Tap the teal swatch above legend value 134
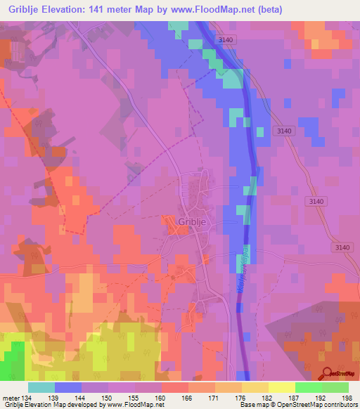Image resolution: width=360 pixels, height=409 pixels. click(x=41, y=387)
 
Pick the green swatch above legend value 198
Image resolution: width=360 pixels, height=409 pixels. click(x=335, y=387)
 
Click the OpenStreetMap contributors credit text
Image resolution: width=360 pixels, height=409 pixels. click(x=317, y=405)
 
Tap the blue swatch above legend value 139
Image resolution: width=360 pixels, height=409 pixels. click(x=68, y=387)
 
